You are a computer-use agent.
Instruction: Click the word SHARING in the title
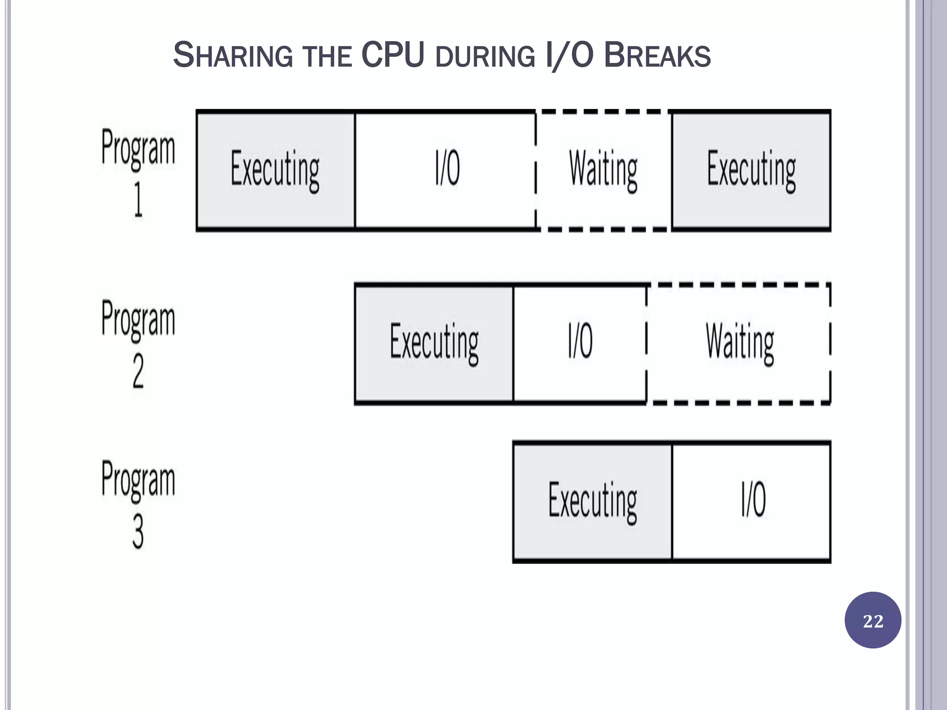pyautogui.click(x=233, y=55)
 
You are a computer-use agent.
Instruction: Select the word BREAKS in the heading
pyautogui.click(x=657, y=55)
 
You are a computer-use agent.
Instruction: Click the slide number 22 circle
pyautogui.click(x=873, y=620)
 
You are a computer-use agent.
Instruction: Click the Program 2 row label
pyautogui.click(x=138, y=343)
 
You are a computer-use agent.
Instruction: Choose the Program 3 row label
pyautogui.click(x=138, y=503)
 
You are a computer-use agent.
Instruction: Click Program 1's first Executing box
pyautogui.click(x=276, y=170)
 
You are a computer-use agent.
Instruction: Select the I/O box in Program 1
pyautogui.click(x=446, y=170)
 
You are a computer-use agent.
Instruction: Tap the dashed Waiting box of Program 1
pyautogui.click(x=603, y=170)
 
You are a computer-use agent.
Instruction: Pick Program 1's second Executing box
pyautogui.click(x=751, y=170)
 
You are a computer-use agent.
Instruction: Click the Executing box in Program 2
pyautogui.click(x=434, y=343)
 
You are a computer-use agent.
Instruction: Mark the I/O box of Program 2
pyautogui.click(x=580, y=343)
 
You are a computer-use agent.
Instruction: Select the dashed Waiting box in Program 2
pyautogui.click(x=739, y=343)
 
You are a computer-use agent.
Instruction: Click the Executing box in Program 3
pyautogui.click(x=592, y=502)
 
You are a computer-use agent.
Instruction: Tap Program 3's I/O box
pyautogui.click(x=752, y=502)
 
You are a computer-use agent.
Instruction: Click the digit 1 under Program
pyautogui.click(x=138, y=200)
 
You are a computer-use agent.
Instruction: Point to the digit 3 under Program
pyautogui.click(x=138, y=532)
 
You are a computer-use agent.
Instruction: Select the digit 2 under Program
pyautogui.click(x=138, y=371)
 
